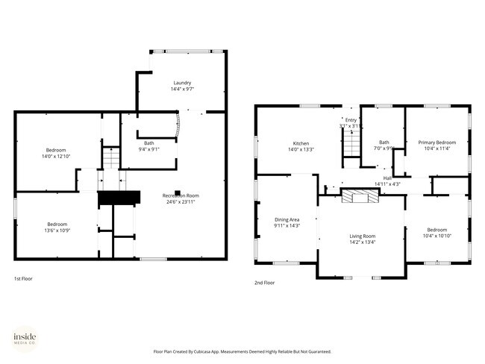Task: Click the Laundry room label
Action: [182, 83]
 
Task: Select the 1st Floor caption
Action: [23, 278]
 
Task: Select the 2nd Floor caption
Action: [265, 283]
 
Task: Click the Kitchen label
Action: [301, 143]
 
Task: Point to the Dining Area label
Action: [287, 219]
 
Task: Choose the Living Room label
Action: [363, 236]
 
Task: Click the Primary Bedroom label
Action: [436, 142]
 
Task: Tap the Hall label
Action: [387, 178]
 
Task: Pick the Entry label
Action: [351, 120]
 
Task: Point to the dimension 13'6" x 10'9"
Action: [57, 230]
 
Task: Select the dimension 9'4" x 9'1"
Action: [149, 149]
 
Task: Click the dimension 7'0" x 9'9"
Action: [384, 148]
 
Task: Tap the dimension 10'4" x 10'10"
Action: [436, 236]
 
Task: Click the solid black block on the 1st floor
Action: [119, 198]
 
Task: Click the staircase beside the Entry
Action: [351, 146]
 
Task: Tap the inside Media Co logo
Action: [25, 339]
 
